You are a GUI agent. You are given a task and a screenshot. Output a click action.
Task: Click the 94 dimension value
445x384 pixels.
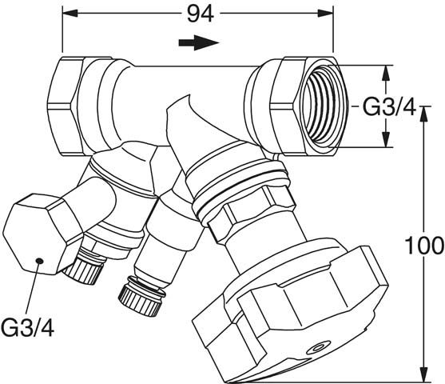[201, 14]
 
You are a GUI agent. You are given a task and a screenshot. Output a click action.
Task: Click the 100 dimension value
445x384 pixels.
[424, 246]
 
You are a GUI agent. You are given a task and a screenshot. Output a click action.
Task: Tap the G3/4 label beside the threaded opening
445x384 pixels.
[390, 107]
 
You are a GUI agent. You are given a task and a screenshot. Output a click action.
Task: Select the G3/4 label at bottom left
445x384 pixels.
[27, 327]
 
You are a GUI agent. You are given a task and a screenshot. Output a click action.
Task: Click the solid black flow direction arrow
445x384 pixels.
[199, 42]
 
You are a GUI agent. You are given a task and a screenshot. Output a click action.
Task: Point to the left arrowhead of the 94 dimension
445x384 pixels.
[70, 13]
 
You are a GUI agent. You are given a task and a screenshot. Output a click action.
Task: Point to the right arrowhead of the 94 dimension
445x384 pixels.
[325, 13]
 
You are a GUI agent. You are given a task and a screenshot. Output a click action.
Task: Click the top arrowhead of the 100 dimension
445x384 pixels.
[423, 114]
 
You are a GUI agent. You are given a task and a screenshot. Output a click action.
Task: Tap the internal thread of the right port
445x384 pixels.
[324, 106]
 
